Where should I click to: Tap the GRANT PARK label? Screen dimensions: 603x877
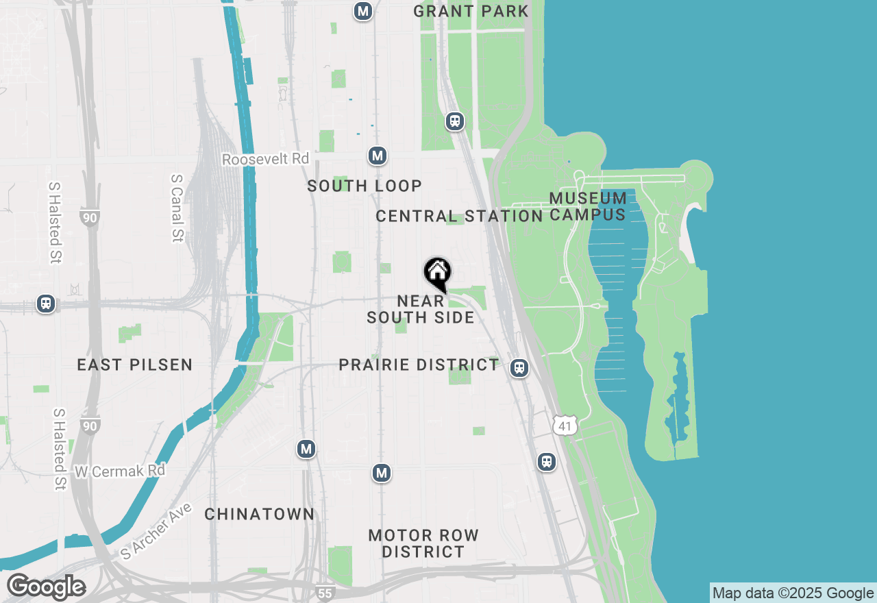click(471, 11)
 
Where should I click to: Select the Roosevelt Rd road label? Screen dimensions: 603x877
click(265, 159)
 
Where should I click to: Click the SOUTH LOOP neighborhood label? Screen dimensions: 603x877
click(365, 186)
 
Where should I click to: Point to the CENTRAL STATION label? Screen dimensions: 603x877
click(459, 217)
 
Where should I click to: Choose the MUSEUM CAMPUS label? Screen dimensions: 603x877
click(588, 206)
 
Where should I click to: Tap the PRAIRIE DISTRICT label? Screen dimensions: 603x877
click(419, 365)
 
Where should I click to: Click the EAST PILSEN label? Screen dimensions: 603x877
click(135, 365)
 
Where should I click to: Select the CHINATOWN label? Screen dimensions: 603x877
click(260, 514)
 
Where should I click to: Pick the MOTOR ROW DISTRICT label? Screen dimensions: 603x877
click(423, 543)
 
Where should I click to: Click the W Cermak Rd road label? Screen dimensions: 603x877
click(120, 471)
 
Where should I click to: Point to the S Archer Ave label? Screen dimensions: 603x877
click(157, 532)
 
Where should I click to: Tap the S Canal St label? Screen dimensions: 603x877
click(177, 208)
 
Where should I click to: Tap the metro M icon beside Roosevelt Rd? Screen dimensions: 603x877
click(377, 156)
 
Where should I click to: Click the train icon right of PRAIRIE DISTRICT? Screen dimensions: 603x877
click(520, 368)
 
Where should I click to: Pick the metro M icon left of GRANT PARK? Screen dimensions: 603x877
click(363, 11)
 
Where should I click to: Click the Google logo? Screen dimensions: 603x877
click(46, 587)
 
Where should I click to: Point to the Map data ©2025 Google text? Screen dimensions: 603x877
click(793, 593)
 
